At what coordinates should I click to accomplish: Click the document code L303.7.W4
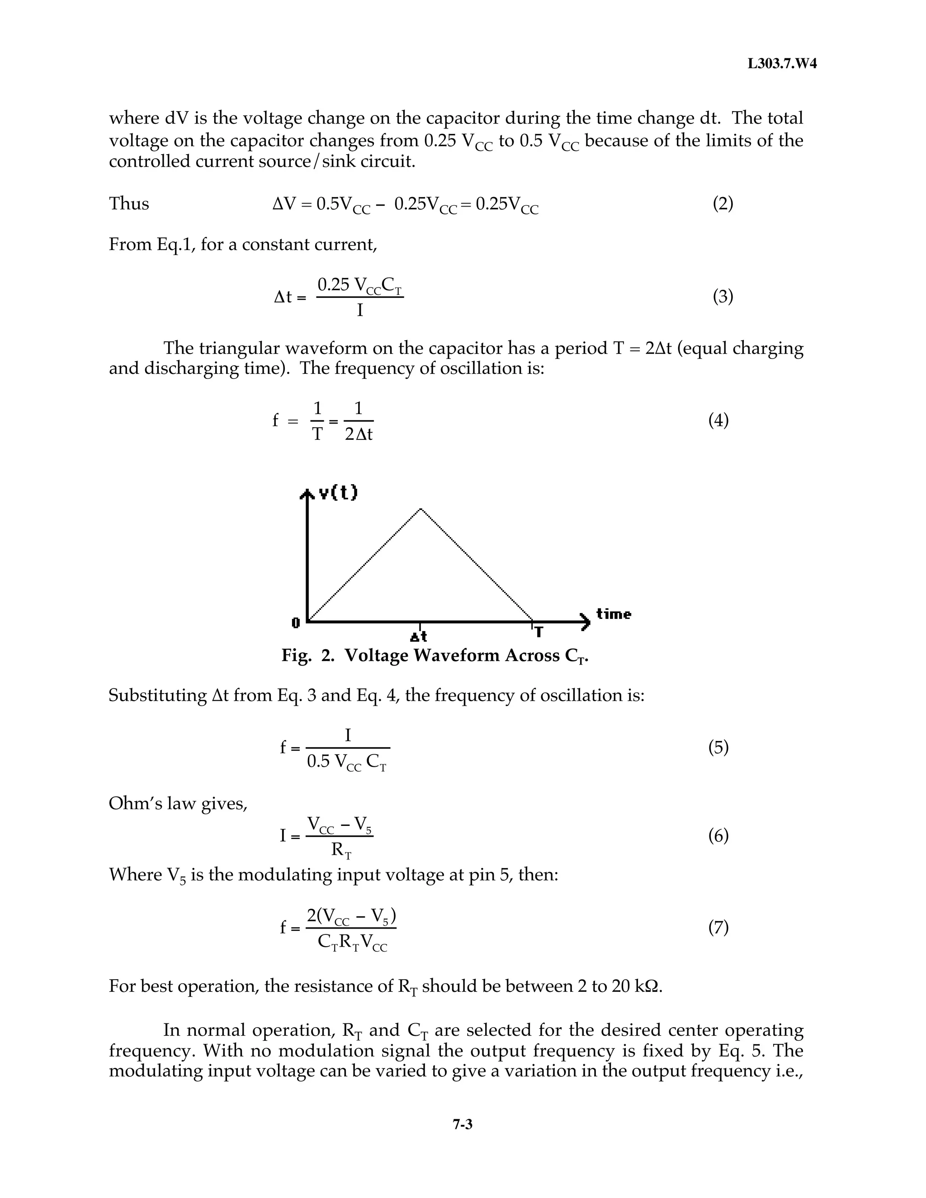(782, 64)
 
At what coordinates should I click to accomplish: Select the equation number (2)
(723, 204)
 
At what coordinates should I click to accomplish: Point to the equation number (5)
(718, 747)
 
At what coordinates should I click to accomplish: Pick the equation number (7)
(718, 927)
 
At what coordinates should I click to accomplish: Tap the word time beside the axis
(613, 614)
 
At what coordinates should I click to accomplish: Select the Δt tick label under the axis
(419, 637)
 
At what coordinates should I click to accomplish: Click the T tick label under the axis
(539, 632)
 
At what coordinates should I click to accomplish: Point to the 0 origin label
(296, 623)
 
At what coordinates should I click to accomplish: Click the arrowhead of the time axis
(586, 622)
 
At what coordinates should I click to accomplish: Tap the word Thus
(129, 204)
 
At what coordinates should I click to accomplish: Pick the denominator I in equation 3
(360, 311)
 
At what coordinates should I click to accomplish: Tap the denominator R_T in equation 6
(340, 850)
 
